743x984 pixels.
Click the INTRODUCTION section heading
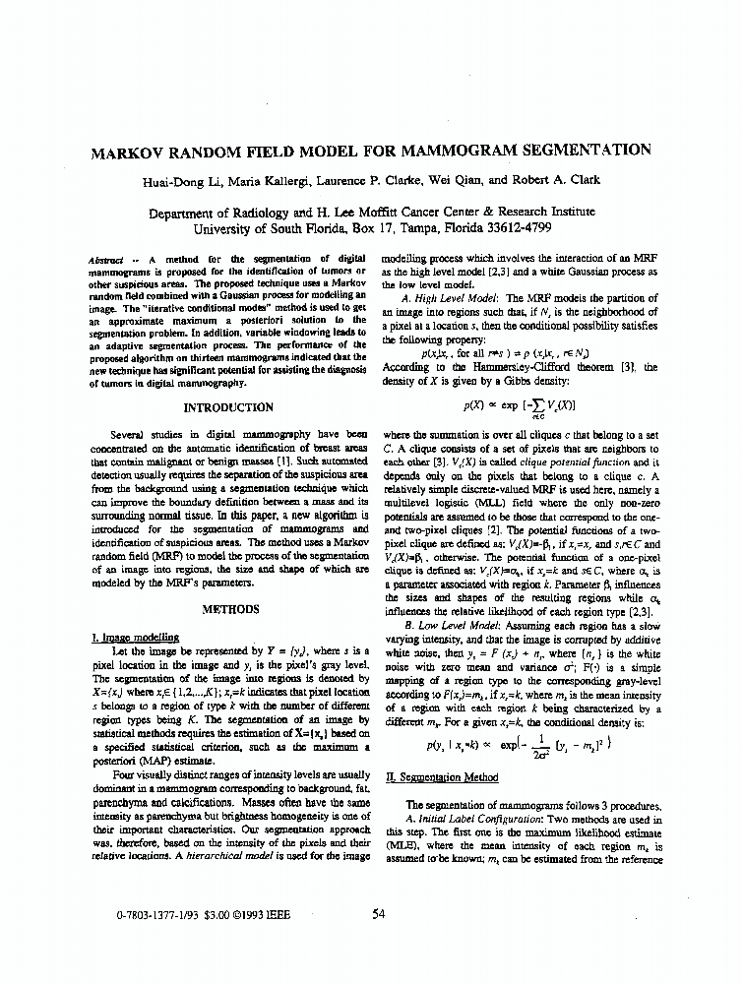[229, 407]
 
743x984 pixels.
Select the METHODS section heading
[229, 609]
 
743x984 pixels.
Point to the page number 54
[379, 913]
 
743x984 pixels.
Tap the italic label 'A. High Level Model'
[452, 298]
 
